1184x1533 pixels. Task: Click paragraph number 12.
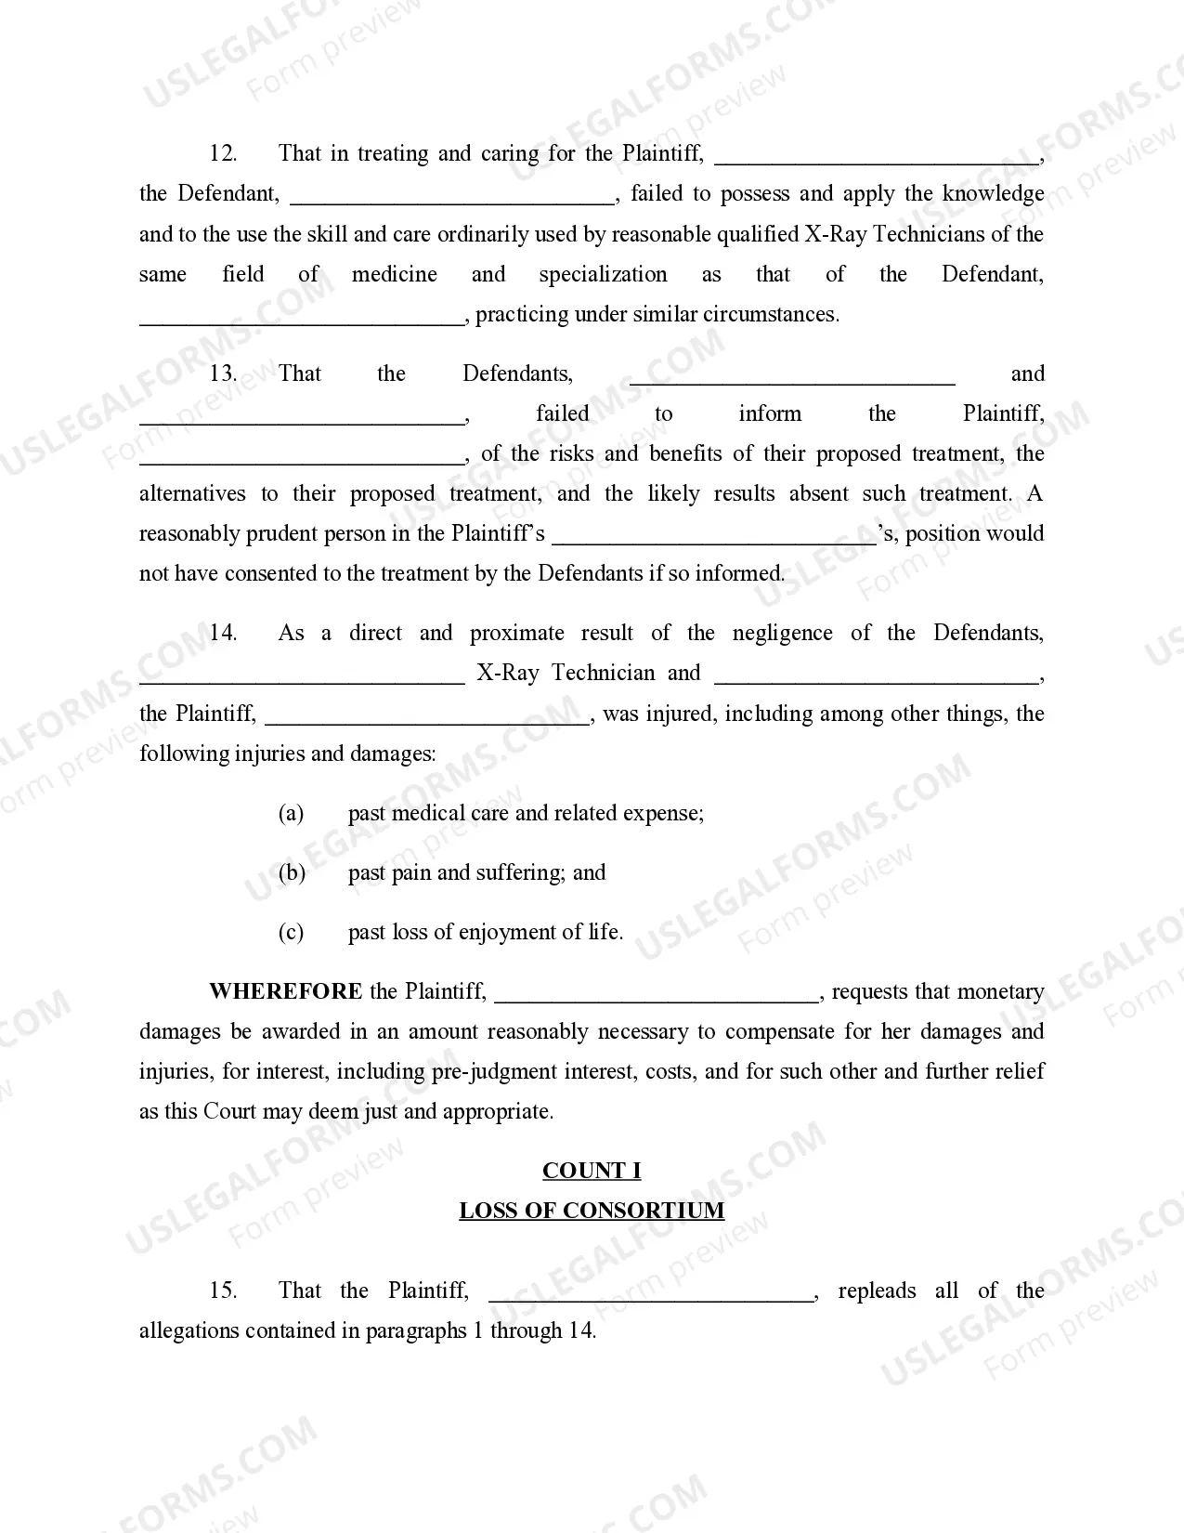point(223,153)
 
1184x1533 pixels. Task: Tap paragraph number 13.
point(223,373)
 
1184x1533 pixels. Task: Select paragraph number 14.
point(223,633)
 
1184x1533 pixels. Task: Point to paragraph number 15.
point(223,1291)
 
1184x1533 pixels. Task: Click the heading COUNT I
point(592,1171)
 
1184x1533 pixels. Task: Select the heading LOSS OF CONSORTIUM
point(592,1211)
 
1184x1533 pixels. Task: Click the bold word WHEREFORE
point(285,991)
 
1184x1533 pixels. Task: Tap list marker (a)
point(291,813)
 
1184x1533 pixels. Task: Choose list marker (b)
point(292,872)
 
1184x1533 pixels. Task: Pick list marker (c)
point(291,932)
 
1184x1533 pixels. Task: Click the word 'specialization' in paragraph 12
point(603,274)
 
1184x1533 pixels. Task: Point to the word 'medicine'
point(394,274)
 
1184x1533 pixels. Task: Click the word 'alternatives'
point(192,493)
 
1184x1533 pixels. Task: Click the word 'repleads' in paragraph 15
point(877,1291)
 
